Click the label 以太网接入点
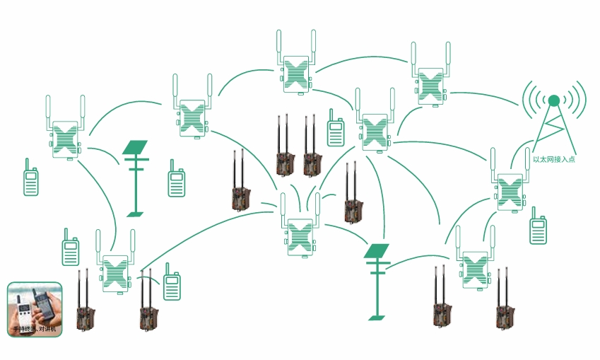tap(554, 160)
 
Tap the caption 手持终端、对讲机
tap(35, 330)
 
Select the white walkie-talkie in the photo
tap(23, 311)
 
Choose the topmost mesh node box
tap(298, 74)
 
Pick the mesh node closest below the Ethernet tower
tap(509, 191)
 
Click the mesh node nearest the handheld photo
tap(115, 272)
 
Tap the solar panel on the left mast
tap(135, 147)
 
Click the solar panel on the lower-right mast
tap(377, 250)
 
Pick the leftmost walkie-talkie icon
tap(30, 181)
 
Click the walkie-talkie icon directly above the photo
tap(70, 249)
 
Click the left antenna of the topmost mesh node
tap(279, 45)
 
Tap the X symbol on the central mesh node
tap(300, 236)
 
